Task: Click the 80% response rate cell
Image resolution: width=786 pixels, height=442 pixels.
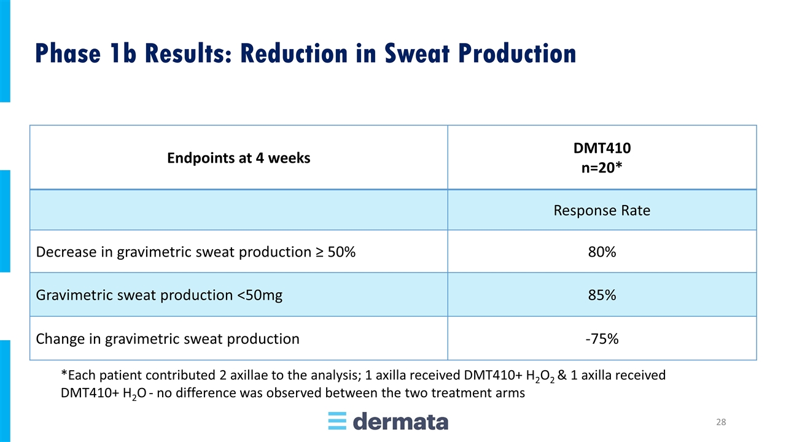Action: point(602,252)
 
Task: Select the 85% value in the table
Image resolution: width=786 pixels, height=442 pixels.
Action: point(602,295)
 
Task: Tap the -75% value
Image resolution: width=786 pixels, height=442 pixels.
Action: point(602,339)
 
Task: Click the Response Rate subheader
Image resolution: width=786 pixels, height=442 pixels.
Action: point(602,211)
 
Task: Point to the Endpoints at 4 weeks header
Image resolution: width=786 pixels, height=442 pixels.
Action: point(239,158)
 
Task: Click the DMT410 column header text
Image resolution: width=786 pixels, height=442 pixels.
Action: point(602,148)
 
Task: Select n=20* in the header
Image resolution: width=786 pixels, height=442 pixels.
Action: point(602,168)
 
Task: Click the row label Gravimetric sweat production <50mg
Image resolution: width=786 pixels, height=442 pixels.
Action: point(159,295)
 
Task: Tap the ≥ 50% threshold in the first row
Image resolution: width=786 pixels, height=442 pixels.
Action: point(335,252)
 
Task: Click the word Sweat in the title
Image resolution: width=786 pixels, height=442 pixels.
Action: point(417,53)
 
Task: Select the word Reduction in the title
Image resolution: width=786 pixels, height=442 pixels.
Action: point(294,53)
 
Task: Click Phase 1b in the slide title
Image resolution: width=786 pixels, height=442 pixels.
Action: point(85,53)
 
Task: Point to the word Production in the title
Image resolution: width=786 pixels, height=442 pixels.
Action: point(517,53)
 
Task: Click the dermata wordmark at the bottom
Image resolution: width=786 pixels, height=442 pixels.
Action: point(400,421)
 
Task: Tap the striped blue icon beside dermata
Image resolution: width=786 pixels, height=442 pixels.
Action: point(337,421)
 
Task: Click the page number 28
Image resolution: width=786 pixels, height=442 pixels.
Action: point(721,422)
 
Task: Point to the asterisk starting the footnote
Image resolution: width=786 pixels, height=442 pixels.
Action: point(64,373)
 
